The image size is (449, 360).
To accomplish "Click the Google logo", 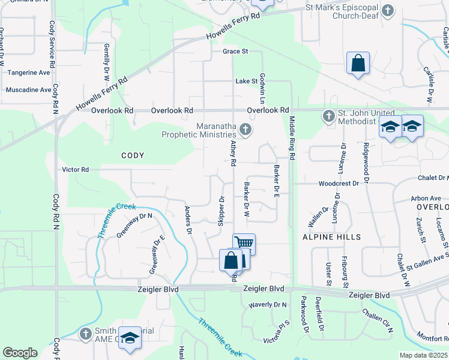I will [20, 353].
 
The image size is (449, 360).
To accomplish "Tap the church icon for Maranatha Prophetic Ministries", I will [245, 129].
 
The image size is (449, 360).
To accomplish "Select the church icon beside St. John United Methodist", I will [328, 116].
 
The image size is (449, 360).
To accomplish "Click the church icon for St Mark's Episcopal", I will [388, 10].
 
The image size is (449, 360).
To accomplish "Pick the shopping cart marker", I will [244, 243].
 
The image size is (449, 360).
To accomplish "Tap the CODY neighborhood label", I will [133, 155].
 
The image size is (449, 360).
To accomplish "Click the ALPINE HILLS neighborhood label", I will [332, 237].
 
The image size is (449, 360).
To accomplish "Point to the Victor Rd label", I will [76, 170].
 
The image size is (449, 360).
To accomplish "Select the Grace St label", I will [235, 52].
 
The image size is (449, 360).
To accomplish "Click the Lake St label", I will [246, 80].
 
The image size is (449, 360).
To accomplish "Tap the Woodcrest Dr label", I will [339, 183].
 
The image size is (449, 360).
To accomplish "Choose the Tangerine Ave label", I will [29, 73].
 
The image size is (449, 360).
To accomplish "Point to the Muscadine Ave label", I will [28, 90].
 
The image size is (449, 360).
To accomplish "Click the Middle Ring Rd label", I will [292, 138].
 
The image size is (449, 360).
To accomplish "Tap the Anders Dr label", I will [187, 219].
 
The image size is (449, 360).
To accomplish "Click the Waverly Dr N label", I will [268, 305].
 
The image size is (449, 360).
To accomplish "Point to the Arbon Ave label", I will [426, 198].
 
